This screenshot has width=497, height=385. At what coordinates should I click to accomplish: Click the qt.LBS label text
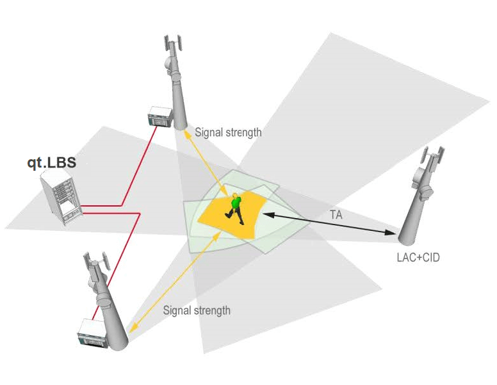[x=51, y=162]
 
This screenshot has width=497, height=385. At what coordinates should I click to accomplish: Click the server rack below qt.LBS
[x=62, y=199]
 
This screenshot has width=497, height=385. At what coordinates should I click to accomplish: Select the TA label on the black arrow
[x=336, y=216]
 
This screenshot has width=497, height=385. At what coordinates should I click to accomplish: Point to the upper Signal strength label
[x=228, y=133]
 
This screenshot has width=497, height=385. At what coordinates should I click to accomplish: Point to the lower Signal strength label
[x=196, y=311]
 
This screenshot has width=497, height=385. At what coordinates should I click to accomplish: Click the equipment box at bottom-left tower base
[x=92, y=333]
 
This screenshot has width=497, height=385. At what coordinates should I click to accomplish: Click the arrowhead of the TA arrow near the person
[x=267, y=214]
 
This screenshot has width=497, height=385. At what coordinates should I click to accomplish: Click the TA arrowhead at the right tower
[x=391, y=234]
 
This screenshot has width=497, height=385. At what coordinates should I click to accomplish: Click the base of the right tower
[x=409, y=239]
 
